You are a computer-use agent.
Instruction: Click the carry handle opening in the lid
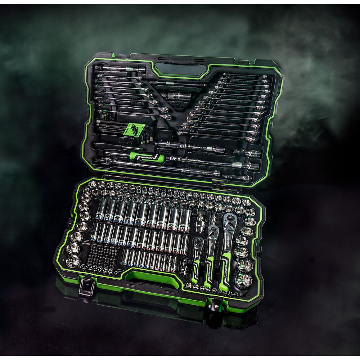[x=181, y=69]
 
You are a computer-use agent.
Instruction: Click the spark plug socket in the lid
[x=178, y=96]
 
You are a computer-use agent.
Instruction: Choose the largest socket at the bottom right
[x=244, y=280]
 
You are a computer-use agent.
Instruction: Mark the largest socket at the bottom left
[x=73, y=261]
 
